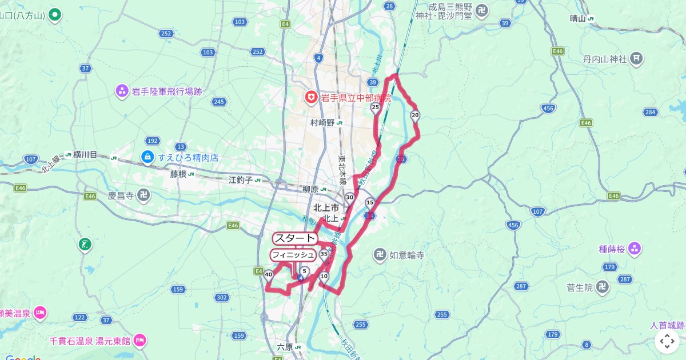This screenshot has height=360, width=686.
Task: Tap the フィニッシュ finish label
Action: (293, 254)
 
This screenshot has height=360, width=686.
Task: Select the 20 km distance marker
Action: (415, 115)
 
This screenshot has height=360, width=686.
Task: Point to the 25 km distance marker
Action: (376, 107)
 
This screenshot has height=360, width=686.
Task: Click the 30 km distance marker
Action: (349, 197)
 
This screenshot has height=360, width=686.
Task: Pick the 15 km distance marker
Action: (370, 202)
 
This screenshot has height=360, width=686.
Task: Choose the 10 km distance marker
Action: (324, 277)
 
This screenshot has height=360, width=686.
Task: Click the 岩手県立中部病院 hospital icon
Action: (311, 98)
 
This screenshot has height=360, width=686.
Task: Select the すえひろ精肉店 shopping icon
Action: (147, 157)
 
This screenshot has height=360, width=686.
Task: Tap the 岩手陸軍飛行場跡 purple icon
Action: (122, 90)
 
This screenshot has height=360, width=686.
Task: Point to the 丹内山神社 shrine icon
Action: (636, 58)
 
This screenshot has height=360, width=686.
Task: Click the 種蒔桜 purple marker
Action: (634, 249)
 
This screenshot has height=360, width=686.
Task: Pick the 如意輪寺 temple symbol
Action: (380, 255)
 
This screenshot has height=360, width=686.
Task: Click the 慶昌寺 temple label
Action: (121, 195)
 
